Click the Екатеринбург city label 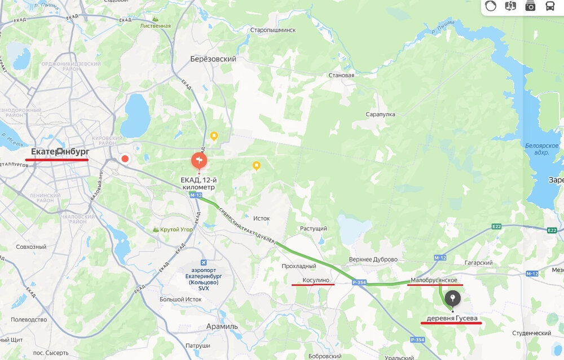[x=60, y=151]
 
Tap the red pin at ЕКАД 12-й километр [x=198, y=161]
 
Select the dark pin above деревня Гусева [x=452, y=298]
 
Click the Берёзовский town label [x=213, y=59]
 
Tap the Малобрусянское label [x=434, y=280]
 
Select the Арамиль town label [x=222, y=326]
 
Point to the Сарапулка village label [x=381, y=114]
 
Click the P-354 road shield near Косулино [x=359, y=282]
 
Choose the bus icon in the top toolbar [x=549, y=6]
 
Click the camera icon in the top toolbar [x=530, y=6]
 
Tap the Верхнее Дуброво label [x=373, y=260]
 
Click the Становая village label [x=341, y=75]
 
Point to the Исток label [x=262, y=218]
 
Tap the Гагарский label [x=480, y=263]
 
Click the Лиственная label [x=156, y=26]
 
